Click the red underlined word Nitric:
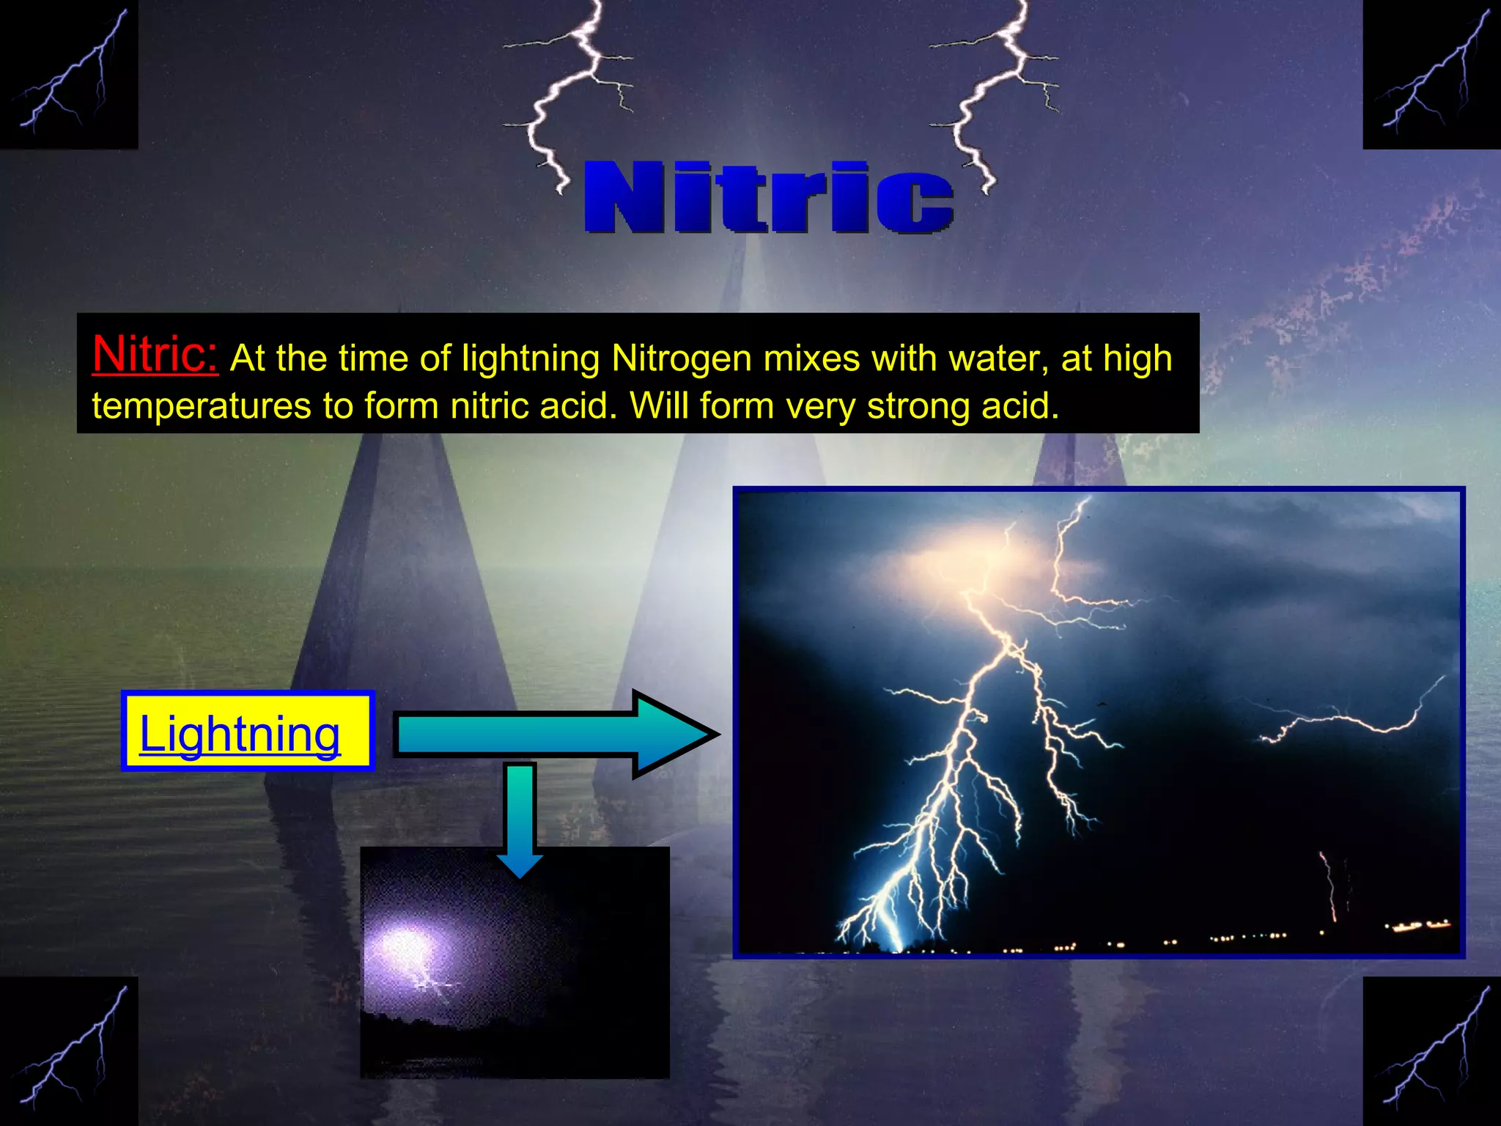155,354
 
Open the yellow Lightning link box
247,732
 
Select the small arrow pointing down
519,821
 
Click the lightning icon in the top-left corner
69,73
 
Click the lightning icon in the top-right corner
1431,73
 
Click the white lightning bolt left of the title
564,95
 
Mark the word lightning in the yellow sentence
530,358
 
